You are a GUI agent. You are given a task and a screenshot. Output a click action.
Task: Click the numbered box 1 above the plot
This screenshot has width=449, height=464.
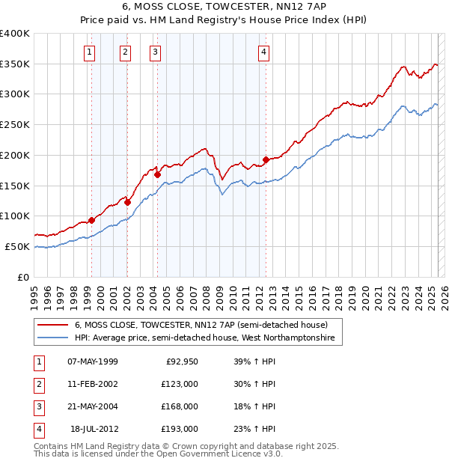(x=90, y=52)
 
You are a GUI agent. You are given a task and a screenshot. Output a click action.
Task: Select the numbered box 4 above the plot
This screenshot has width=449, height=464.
(x=265, y=52)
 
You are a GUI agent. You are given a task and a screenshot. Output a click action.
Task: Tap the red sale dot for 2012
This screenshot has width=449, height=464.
(x=266, y=159)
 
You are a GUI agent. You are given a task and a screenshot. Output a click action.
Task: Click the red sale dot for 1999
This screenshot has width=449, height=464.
(x=91, y=220)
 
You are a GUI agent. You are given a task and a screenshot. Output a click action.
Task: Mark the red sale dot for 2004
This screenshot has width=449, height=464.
(x=157, y=174)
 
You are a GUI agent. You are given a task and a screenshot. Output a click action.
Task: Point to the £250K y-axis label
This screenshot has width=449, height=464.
(x=15, y=125)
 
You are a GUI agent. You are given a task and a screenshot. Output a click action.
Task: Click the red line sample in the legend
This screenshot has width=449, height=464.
(x=52, y=325)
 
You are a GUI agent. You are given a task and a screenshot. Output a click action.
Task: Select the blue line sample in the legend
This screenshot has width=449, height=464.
(x=52, y=338)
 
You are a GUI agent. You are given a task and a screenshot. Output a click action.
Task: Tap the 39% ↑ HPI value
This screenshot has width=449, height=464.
(x=250, y=362)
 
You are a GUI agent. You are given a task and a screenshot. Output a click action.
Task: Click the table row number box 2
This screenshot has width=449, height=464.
(x=38, y=385)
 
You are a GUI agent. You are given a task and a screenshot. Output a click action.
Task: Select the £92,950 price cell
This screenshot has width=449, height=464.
(x=182, y=362)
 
